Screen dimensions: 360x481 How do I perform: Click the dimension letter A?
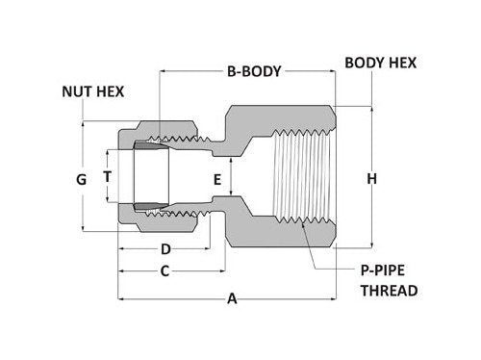[231, 299]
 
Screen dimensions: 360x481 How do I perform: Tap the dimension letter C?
[165, 271]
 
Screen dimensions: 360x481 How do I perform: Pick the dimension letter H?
[371, 179]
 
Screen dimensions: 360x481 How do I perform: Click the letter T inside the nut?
[108, 176]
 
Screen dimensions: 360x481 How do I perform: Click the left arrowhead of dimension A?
[120, 299]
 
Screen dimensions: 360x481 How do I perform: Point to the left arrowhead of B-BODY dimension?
[165, 71]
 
